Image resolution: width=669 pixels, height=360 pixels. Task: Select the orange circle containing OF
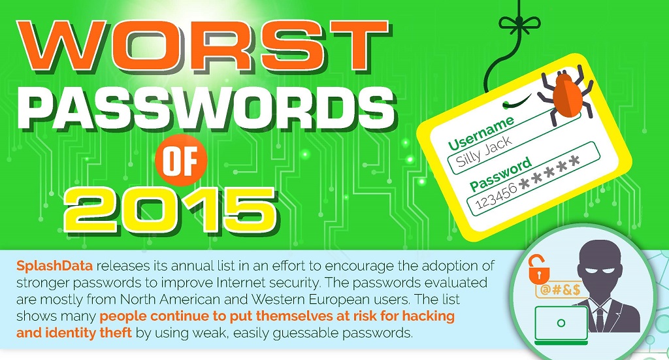point(181,160)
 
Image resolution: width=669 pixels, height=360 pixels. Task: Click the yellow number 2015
point(171,211)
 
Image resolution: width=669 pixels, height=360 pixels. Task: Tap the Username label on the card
point(481,133)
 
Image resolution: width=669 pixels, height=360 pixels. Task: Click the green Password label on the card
point(500,174)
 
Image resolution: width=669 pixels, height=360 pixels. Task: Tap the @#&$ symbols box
point(560,289)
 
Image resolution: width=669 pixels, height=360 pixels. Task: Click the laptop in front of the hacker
point(561,325)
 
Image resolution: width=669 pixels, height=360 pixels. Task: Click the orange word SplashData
point(55,266)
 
